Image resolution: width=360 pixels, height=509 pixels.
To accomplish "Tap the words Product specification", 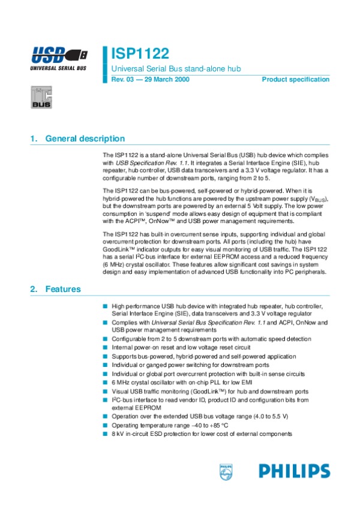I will (x=296, y=80).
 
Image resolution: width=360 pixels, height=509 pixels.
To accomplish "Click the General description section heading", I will (x=85, y=139).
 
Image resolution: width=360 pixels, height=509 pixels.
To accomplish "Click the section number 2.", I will (x=33, y=290).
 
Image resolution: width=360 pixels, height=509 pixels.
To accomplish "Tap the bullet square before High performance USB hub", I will (x=105, y=306).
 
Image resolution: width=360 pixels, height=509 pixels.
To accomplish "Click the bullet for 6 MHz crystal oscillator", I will (x=105, y=382).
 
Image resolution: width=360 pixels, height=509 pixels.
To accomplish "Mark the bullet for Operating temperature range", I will (x=105, y=425).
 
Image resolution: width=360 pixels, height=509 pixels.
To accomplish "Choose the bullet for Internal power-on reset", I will (x=105, y=347).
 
